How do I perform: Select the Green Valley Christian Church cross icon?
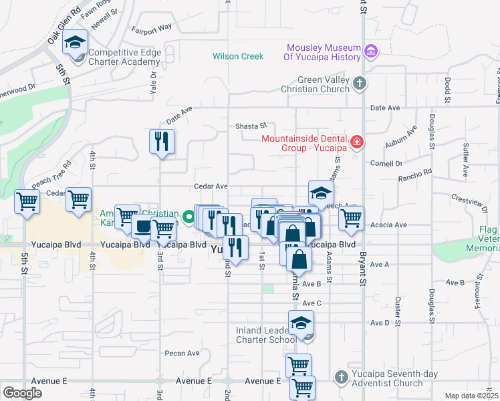coord(360,84)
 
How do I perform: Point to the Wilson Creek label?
coord(238,56)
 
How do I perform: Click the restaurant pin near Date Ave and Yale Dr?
coord(162,141)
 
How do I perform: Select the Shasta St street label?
coord(251,126)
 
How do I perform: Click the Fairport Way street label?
coord(151,29)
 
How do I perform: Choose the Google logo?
coord(22,393)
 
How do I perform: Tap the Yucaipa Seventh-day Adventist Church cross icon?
coord(340,376)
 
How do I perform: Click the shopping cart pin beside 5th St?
coord(27,200)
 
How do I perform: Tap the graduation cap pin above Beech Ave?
coord(321,193)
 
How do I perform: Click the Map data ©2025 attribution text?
coord(471,396)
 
